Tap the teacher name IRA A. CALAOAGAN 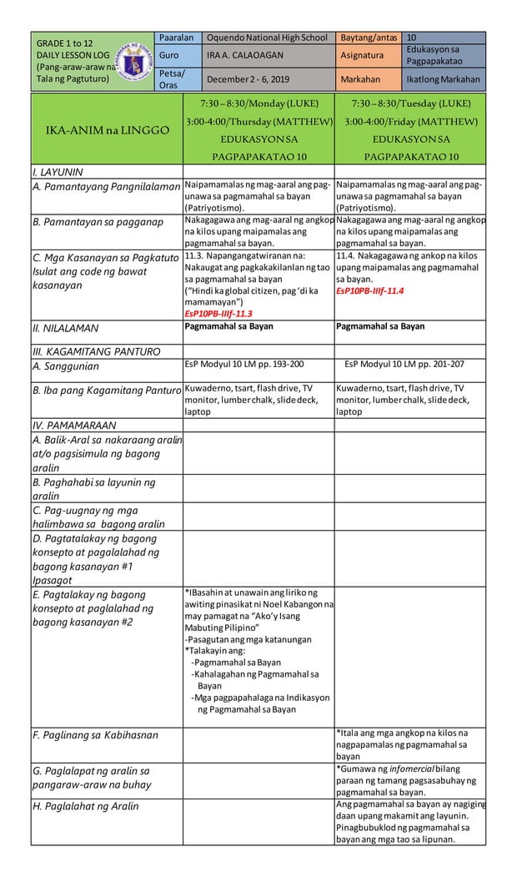point(245,56)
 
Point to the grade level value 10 point(412,38)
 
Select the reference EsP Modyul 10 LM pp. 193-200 point(243,365)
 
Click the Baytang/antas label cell point(367,38)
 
